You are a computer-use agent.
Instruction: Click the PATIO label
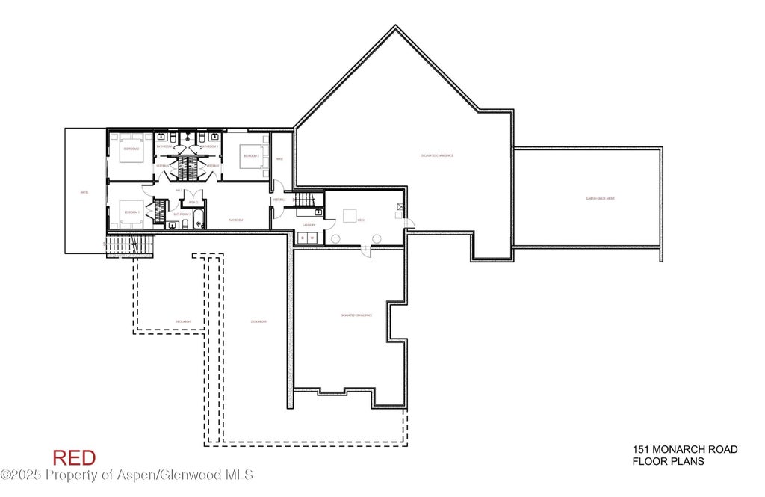[x=84, y=192]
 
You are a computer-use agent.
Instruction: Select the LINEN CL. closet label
[x=192, y=202]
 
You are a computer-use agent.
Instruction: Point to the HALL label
[x=179, y=190]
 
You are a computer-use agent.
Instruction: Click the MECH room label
[x=361, y=220]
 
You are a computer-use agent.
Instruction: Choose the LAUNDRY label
[x=307, y=224]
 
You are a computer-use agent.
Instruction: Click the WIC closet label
[x=279, y=158]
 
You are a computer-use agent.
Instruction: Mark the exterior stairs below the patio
[x=130, y=244]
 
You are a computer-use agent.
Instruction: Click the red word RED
[x=74, y=457]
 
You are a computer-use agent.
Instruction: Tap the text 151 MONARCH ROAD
[x=685, y=449]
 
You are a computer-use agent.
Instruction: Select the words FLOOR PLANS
[x=668, y=461]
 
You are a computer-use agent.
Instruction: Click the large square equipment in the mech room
[x=350, y=216]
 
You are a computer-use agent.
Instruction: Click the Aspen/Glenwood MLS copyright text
[x=127, y=475]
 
